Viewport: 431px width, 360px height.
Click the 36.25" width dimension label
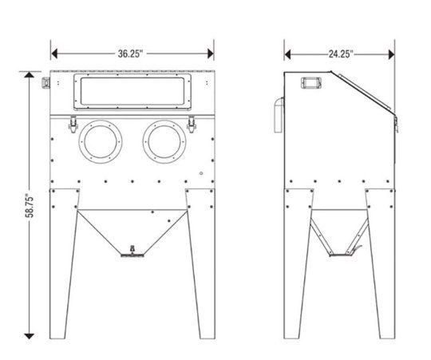130,53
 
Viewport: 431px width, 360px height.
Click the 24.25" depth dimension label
341,54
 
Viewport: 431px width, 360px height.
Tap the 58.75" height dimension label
30,207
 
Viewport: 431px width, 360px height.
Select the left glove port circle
101,142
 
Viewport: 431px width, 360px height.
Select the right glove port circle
164,142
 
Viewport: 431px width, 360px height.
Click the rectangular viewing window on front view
132,92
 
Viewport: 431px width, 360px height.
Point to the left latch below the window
73,125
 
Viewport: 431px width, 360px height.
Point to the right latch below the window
192,125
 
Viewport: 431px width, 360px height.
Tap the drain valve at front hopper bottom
132,252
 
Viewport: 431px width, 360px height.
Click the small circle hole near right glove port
201,173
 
